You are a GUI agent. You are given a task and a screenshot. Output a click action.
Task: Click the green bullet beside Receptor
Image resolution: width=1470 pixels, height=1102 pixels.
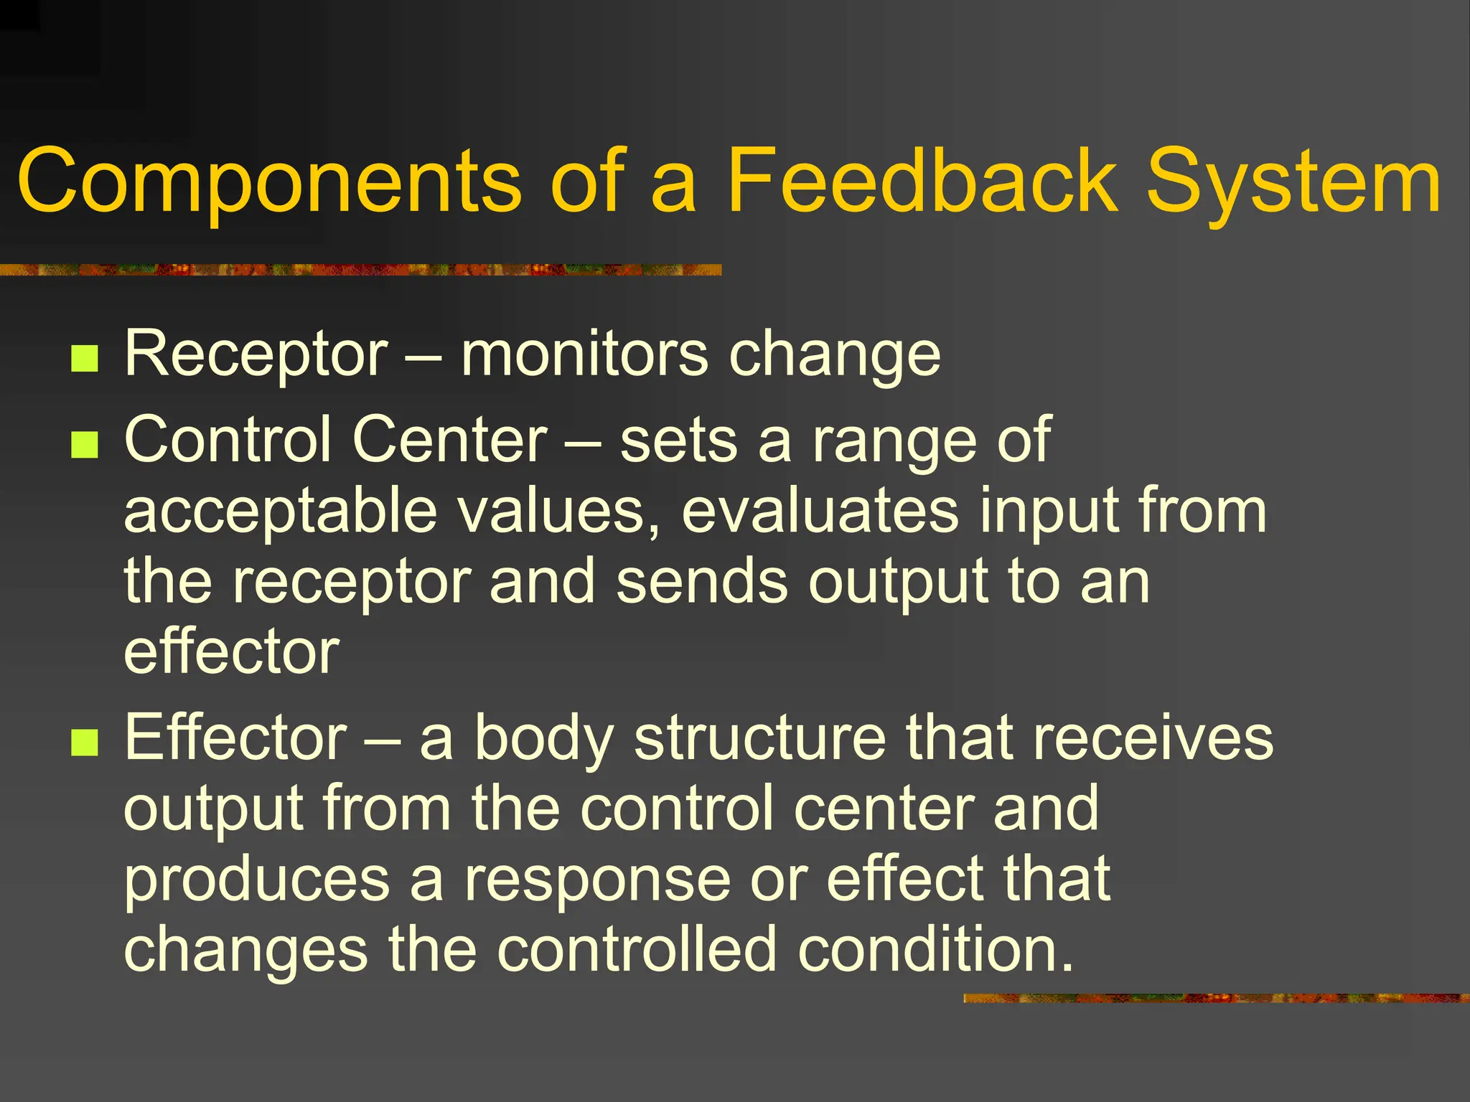(85, 358)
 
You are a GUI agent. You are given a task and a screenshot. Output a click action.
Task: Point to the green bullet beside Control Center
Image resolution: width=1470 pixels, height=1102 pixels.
(85, 445)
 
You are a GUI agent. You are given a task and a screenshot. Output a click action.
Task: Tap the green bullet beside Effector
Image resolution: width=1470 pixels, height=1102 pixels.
(85, 743)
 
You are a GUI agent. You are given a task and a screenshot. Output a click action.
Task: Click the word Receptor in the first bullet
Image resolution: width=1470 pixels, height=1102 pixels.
(256, 354)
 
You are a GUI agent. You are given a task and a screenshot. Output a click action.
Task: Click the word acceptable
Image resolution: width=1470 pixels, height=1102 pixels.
(281, 512)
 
